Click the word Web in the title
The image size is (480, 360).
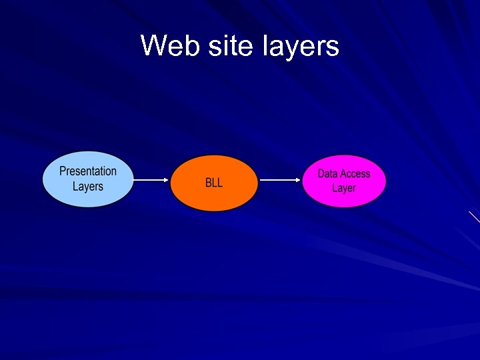(x=166, y=46)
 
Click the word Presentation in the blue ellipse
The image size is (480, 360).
(x=88, y=171)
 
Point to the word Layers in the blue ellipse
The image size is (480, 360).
(x=88, y=186)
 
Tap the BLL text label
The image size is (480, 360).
(x=214, y=183)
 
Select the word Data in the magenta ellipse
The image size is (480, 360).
(x=327, y=173)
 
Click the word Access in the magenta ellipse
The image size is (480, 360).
(x=355, y=173)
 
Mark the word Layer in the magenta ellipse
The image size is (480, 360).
(x=344, y=188)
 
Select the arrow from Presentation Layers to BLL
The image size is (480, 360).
(x=151, y=180)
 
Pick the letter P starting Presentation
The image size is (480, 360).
(x=63, y=171)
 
